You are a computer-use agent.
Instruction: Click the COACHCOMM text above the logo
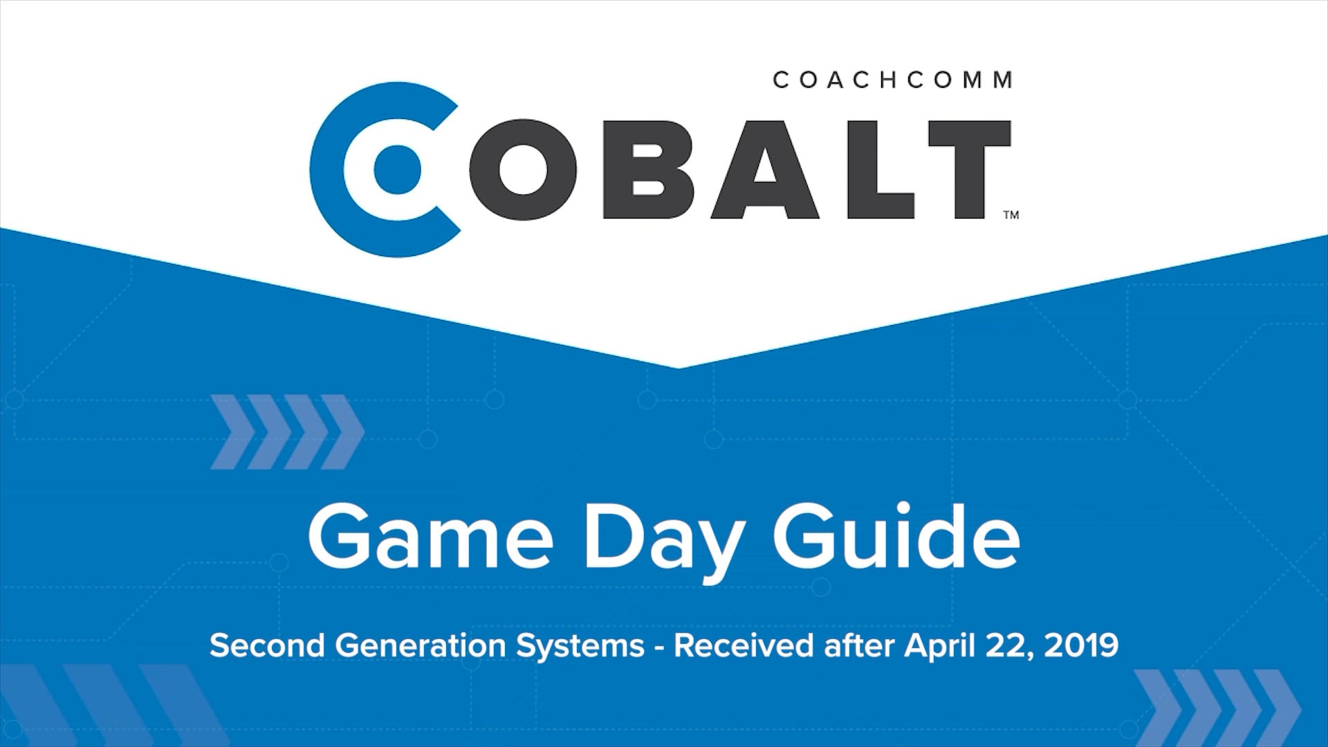pos(892,80)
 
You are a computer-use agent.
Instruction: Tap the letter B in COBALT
pos(647,170)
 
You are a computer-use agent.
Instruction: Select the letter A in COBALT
pos(765,170)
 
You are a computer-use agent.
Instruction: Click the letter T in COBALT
pos(968,170)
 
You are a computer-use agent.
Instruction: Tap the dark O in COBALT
pos(522,170)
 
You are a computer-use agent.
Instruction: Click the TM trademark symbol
pos(1011,215)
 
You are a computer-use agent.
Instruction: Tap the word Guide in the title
pos(896,537)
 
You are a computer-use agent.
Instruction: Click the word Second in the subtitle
pos(267,645)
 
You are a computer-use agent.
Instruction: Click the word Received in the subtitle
pos(744,645)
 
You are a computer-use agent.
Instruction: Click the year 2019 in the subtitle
pos(1080,645)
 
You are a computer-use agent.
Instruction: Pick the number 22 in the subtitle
pos(1010,645)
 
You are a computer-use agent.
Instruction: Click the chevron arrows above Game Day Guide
pos(286,432)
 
